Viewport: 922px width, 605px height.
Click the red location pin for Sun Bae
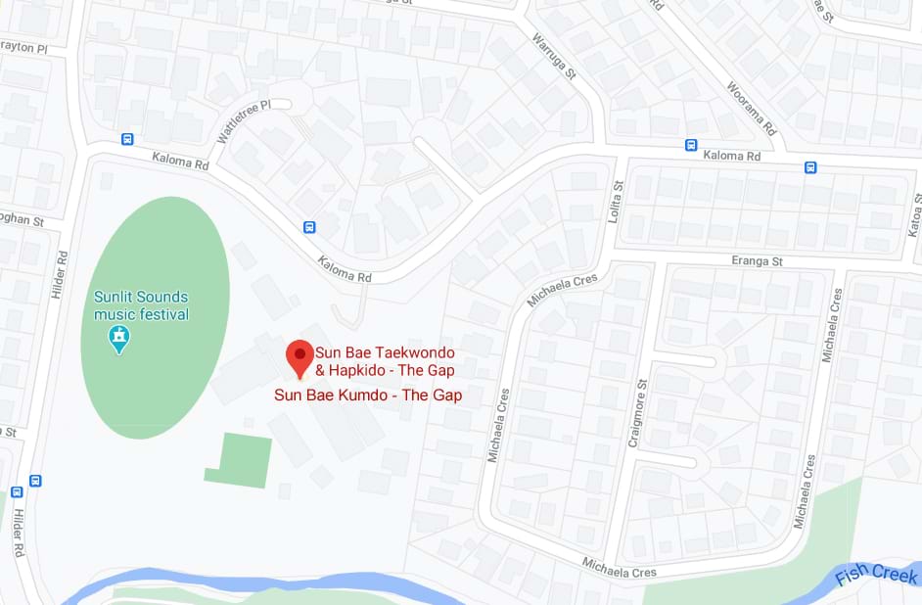click(x=300, y=358)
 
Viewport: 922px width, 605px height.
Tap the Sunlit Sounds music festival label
click(x=141, y=305)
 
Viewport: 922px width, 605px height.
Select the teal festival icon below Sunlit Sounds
click(x=119, y=340)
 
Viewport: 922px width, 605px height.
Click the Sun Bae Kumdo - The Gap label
click(x=368, y=396)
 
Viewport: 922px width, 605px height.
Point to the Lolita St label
click(x=617, y=200)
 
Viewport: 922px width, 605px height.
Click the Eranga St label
click(x=757, y=261)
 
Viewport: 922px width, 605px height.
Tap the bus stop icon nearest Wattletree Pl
click(x=127, y=139)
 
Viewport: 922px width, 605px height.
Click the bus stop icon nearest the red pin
click(x=309, y=227)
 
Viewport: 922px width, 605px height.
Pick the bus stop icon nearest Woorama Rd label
click(x=691, y=146)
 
